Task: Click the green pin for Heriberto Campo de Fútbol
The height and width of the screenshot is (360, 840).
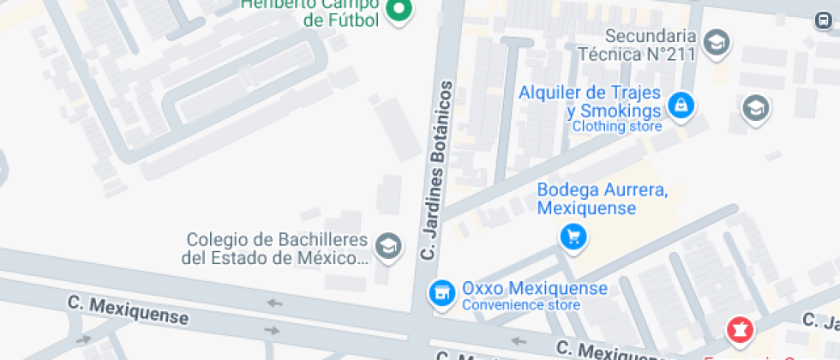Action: point(399,11)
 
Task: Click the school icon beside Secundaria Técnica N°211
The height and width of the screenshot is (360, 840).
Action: point(716,40)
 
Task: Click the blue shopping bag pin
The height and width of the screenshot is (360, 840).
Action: point(681,105)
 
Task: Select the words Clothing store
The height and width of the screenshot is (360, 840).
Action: point(617,127)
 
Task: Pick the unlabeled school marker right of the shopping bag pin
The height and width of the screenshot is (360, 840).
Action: point(755,108)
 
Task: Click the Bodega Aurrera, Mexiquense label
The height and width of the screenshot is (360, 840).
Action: point(602,199)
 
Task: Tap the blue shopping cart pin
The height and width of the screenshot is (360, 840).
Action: point(572,237)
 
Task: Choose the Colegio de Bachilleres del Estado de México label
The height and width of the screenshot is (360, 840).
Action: point(275,249)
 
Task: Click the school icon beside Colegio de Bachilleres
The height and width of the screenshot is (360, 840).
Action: point(389,246)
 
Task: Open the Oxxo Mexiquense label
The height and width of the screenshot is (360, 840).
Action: point(534,289)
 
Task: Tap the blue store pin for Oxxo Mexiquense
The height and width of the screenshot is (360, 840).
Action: point(441,293)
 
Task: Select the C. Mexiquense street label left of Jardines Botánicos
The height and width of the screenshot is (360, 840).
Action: point(128,309)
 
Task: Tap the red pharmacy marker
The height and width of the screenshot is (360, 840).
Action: point(739,328)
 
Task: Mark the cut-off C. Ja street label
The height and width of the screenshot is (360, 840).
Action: point(820,321)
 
